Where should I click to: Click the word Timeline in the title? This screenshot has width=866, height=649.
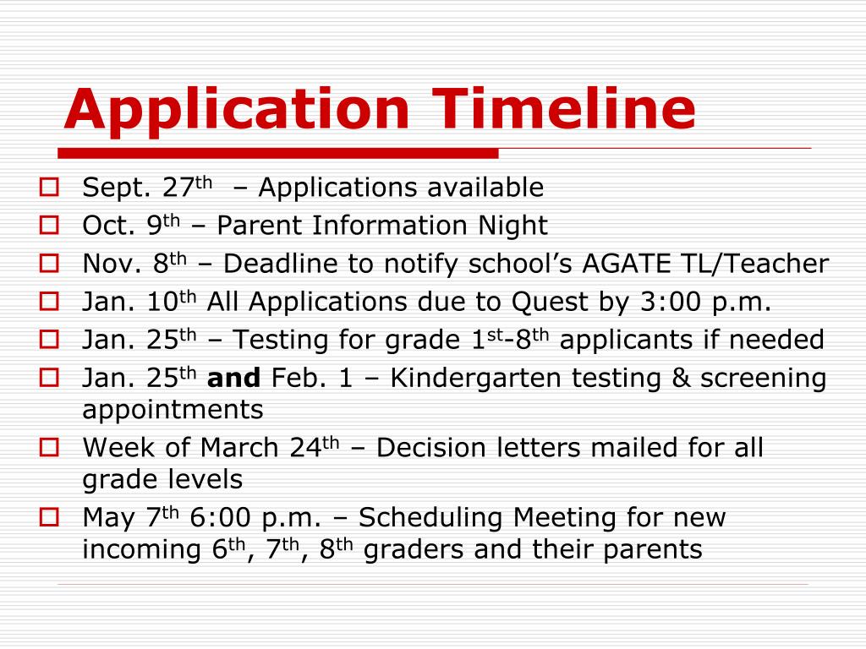[565, 109]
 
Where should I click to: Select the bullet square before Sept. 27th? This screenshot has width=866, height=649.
[49, 187]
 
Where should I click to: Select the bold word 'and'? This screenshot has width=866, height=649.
[233, 379]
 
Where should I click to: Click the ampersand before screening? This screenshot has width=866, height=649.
[682, 379]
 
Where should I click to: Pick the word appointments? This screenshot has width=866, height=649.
[173, 411]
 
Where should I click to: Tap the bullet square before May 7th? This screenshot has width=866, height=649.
[49, 515]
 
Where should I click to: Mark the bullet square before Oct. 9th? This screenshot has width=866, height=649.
[49, 225]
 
